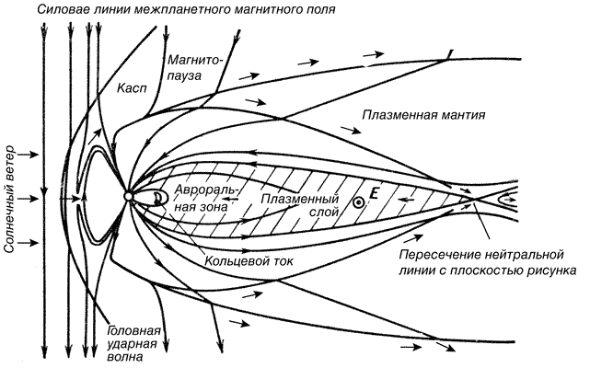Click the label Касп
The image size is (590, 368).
(x=132, y=89)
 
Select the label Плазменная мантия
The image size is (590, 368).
(x=423, y=115)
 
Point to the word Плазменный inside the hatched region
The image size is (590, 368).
(x=300, y=199)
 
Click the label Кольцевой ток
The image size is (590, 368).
(x=249, y=260)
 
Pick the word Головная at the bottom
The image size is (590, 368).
(x=134, y=331)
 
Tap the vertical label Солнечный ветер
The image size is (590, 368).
(x=9, y=199)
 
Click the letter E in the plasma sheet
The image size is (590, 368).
(x=374, y=194)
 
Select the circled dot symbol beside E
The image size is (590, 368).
(x=358, y=202)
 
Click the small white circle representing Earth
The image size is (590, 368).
(x=128, y=196)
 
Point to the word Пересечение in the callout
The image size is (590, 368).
(x=439, y=255)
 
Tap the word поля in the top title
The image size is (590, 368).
(x=320, y=10)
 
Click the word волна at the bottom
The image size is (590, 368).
(x=124, y=356)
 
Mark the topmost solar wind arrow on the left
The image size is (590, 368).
(x=28, y=155)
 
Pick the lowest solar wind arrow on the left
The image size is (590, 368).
(x=28, y=243)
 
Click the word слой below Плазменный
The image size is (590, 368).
(x=324, y=213)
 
